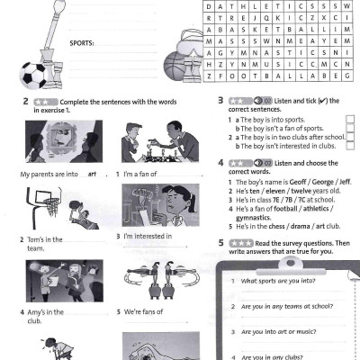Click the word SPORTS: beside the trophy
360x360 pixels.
click(85, 42)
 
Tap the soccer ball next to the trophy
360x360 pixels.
click(33, 76)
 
